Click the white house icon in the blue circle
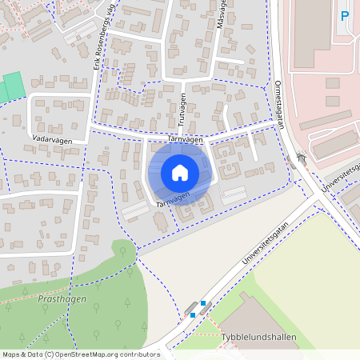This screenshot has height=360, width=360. click(180, 173)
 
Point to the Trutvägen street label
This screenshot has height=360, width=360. click(181, 106)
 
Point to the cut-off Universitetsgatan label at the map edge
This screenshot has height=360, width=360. click(339, 178)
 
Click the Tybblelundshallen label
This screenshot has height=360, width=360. click(258, 338)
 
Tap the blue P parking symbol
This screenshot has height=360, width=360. click(345, 15)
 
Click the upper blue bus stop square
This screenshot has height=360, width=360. click(203, 303)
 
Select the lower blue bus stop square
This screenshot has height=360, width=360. click(193, 315)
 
